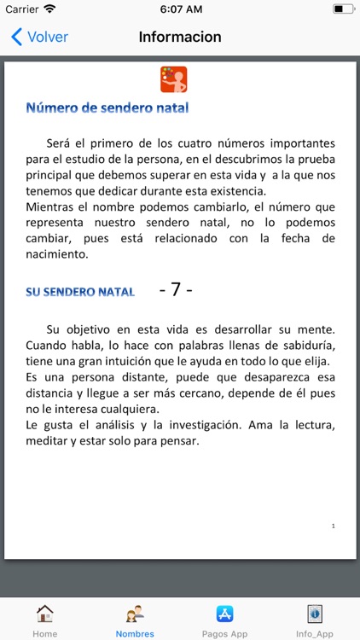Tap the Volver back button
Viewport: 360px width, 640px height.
pyautogui.click(x=39, y=38)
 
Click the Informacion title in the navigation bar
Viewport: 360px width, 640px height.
pyautogui.click(x=180, y=38)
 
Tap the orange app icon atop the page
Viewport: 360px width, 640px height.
pyautogui.click(x=174, y=79)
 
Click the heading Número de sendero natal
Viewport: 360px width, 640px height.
pyautogui.click(x=107, y=108)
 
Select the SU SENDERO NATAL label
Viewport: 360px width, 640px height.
pyautogui.click(x=80, y=291)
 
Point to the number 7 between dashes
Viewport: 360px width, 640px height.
pyautogui.click(x=176, y=289)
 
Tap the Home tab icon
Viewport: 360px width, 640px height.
pyautogui.click(x=44, y=614)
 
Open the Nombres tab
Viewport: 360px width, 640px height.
pyautogui.click(x=135, y=620)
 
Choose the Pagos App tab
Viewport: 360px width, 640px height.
pyautogui.click(x=225, y=620)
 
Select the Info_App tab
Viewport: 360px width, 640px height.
pyautogui.click(x=315, y=620)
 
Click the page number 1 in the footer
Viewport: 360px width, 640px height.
pyautogui.click(x=333, y=527)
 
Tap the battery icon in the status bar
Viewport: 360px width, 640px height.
pyautogui.click(x=343, y=9)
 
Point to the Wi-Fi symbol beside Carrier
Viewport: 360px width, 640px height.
pyautogui.click(x=49, y=9)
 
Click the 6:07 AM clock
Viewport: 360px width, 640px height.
pyautogui.click(x=180, y=9)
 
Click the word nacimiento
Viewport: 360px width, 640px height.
pyautogui.click(x=57, y=253)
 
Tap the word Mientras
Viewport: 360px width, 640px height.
pyautogui.click(x=53, y=207)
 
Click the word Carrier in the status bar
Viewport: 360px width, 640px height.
pyautogui.click(x=22, y=9)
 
